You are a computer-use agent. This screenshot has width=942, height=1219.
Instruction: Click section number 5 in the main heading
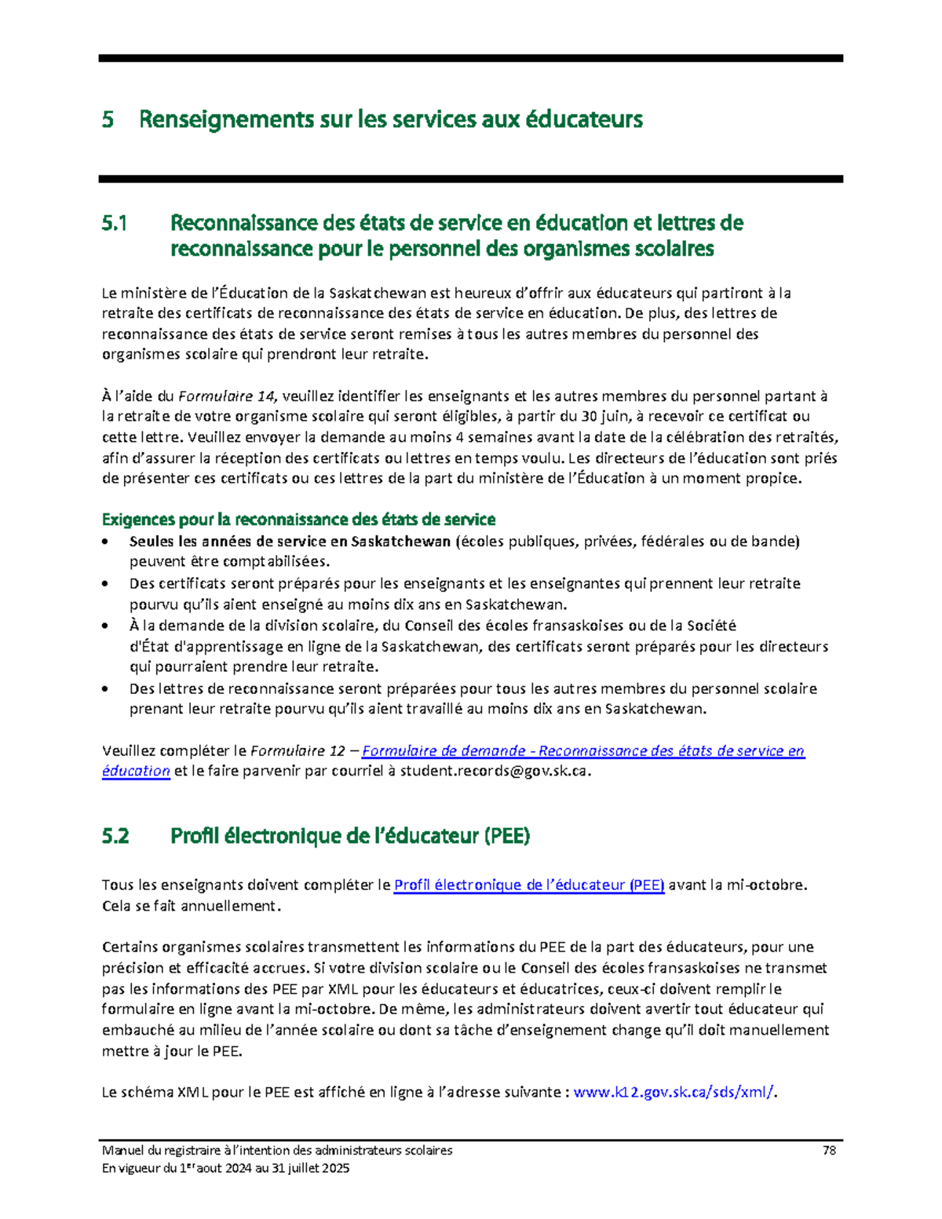(x=108, y=120)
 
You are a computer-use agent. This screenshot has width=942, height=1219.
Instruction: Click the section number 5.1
(x=114, y=224)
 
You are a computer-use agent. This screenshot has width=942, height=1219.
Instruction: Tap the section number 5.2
(x=115, y=837)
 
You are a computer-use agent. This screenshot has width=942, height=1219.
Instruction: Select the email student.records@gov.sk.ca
(x=493, y=772)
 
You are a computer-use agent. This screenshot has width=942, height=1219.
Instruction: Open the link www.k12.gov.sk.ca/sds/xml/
(x=674, y=1092)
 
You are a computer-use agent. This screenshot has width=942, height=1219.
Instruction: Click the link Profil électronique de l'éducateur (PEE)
(x=528, y=885)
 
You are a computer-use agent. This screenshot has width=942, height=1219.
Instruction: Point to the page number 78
(x=829, y=1151)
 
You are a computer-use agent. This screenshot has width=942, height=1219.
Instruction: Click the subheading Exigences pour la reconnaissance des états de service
(x=298, y=520)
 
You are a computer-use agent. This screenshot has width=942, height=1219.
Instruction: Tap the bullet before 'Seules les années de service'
(x=107, y=542)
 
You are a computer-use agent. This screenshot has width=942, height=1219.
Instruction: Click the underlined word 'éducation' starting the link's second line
(x=136, y=772)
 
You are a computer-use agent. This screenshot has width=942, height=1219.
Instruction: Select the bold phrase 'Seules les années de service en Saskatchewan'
(x=290, y=542)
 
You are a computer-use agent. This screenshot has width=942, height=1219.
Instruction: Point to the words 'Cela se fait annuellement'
(x=190, y=906)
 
